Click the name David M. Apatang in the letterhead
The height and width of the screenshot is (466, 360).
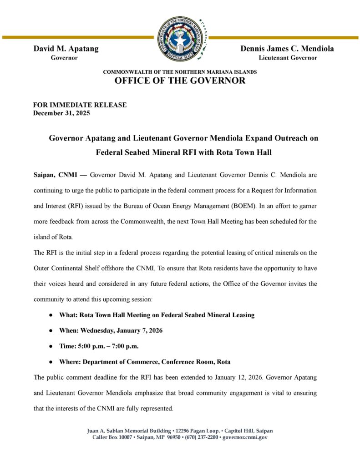tap(66, 49)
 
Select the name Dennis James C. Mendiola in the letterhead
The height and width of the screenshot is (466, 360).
tap(287, 49)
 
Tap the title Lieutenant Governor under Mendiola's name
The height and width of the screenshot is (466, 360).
tap(288, 58)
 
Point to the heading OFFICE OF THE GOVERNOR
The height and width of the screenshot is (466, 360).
tap(180, 81)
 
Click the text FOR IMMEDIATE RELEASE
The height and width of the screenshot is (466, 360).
tap(80, 105)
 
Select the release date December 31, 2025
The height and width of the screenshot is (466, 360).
tap(61, 113)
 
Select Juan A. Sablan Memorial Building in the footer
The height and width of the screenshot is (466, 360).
tap(126, 431)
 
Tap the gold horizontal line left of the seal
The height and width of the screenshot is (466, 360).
tap(77, 37)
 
